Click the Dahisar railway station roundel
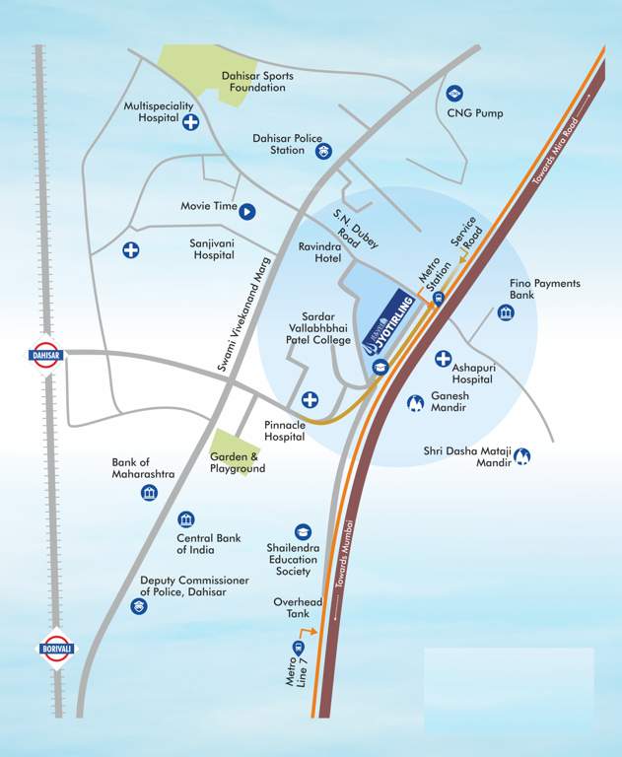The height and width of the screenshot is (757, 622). pos(46,355)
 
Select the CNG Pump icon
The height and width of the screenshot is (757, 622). pos(454,94)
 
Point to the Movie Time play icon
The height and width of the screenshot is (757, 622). pos(247,209)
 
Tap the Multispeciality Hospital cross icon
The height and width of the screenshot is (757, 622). pos(190,121)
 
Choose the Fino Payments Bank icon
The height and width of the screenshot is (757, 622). pos(506,312)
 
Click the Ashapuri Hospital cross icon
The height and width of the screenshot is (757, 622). pos(444,359)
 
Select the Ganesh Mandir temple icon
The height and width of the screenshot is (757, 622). pos(415,402)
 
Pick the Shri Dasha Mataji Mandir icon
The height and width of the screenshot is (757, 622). pos(523,455)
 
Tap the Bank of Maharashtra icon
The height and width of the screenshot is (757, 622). pos(149,493)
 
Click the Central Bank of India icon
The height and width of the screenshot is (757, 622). pos(185,519)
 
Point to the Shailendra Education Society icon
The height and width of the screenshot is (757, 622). pos(303,532)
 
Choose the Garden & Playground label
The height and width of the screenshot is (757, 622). pos(239,462)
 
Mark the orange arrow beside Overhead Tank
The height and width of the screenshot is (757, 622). pos(310,629)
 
